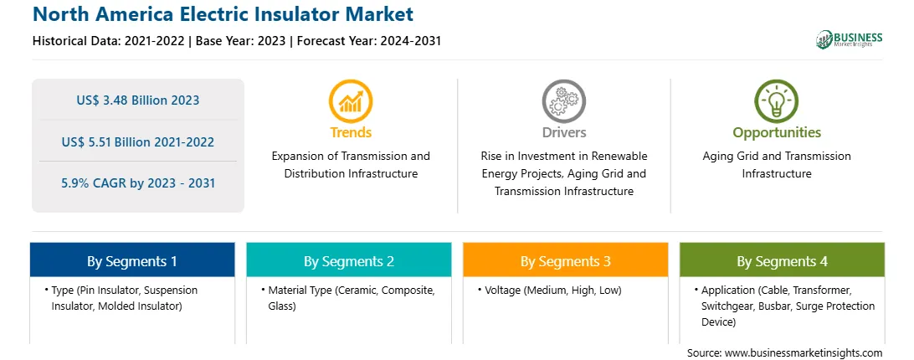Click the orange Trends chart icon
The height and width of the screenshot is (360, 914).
351,101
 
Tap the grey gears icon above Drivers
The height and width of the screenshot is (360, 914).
563,101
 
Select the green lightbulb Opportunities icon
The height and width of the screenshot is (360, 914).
777,101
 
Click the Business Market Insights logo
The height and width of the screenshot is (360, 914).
850,39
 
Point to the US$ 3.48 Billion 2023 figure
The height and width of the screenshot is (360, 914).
137,100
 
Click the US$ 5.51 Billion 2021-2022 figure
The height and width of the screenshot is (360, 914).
137,141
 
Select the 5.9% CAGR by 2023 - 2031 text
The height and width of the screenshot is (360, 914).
138,183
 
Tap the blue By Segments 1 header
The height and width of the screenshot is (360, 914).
132,260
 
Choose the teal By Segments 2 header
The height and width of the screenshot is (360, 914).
348,260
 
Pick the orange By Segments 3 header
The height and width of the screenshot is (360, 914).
566,260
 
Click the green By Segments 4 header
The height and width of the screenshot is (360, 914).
783,260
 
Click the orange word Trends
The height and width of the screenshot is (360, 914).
351,132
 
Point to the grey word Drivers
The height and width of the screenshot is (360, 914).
564,132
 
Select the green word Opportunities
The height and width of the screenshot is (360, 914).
777,133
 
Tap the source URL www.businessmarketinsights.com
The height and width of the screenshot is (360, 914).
804,353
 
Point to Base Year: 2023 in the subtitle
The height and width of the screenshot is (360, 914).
241,41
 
